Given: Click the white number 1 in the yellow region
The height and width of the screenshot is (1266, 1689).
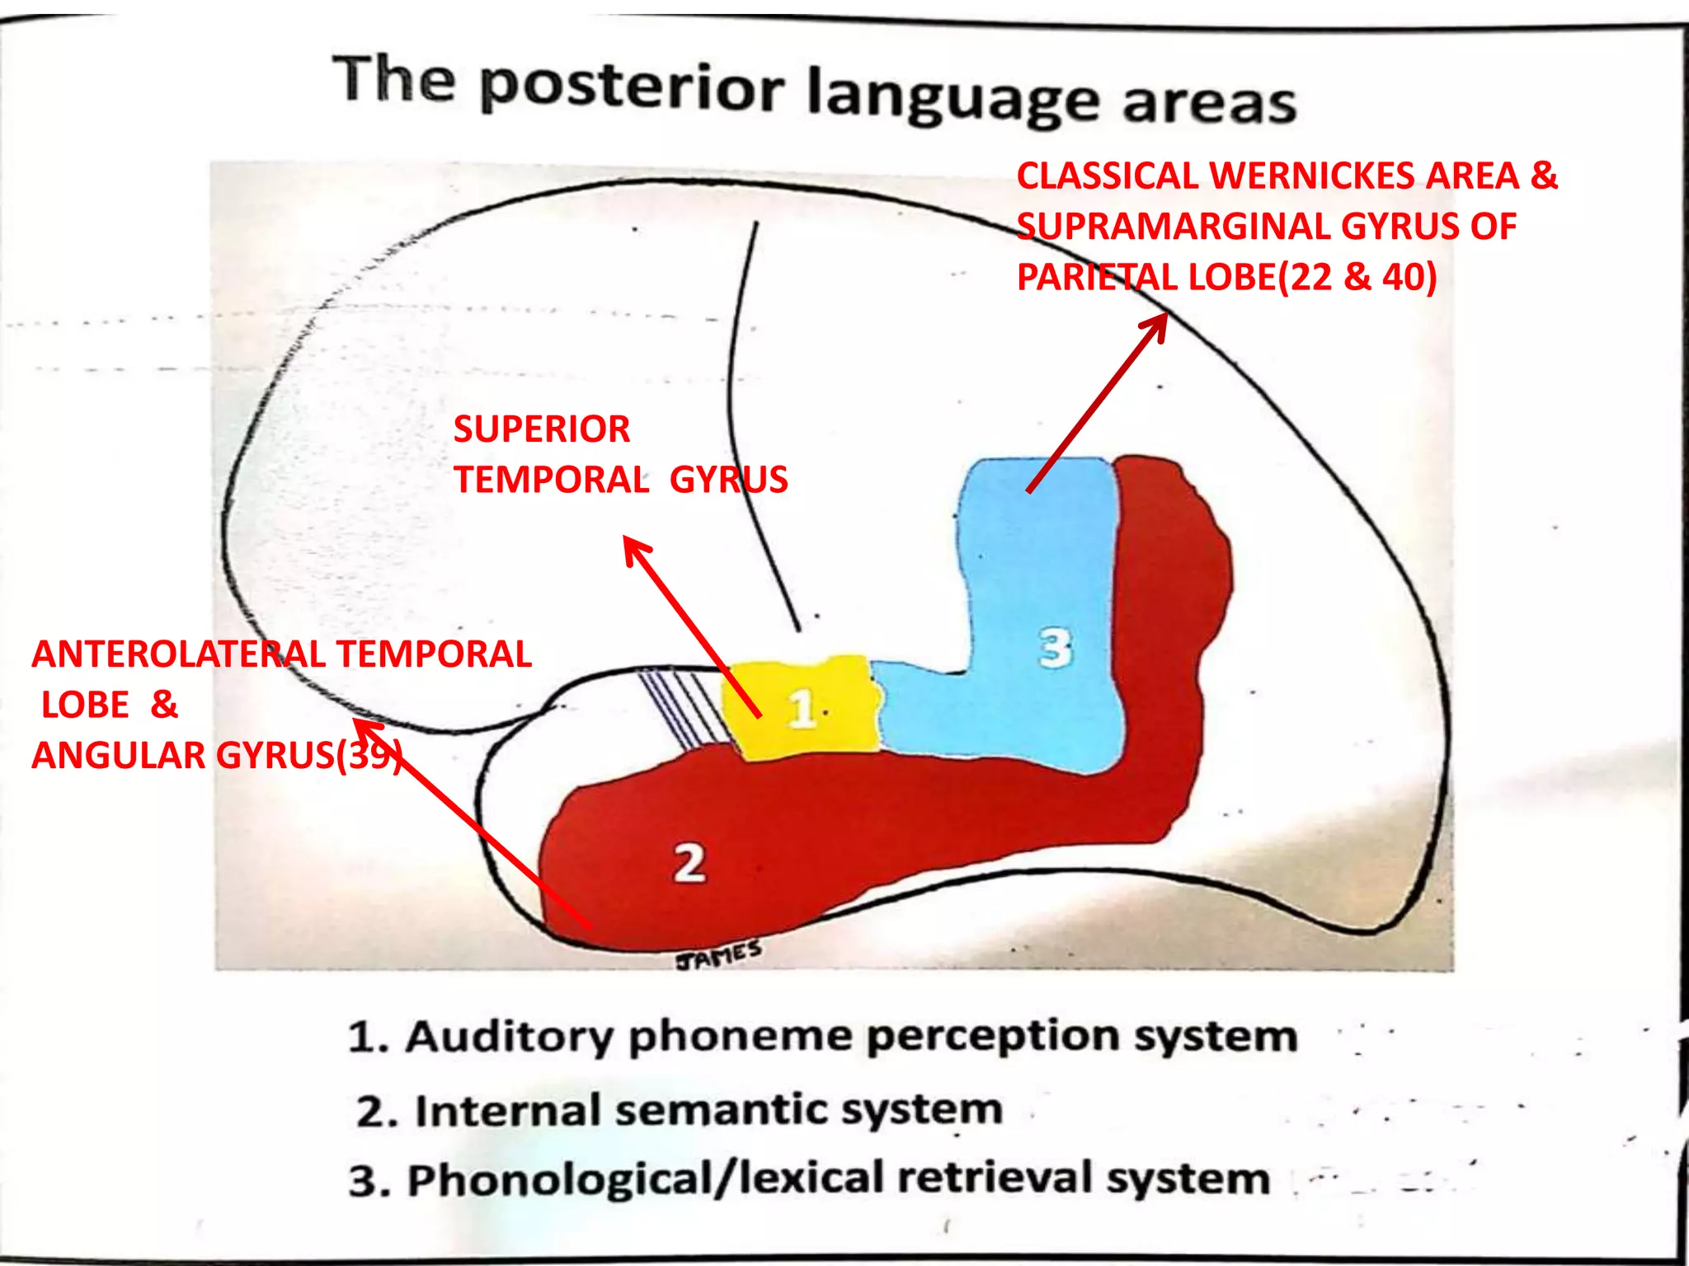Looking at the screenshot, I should [x=801, y=709].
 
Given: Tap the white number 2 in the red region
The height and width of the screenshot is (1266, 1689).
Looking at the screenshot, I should [x=689, y=864].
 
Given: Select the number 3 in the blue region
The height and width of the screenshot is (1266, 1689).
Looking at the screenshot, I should [x=1055, y=648].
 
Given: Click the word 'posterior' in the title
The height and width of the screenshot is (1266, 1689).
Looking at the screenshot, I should [x=631, y=87].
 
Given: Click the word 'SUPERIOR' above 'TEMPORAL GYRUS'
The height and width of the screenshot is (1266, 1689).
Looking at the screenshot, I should [x=542, y=429].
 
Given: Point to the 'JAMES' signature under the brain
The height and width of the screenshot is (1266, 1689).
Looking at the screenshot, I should [x=717, y=955].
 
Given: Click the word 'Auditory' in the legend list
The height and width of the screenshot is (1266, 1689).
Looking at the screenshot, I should [x=509, y=1036].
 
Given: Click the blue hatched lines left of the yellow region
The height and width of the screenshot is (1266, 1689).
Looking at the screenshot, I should [x=680, y=705].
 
